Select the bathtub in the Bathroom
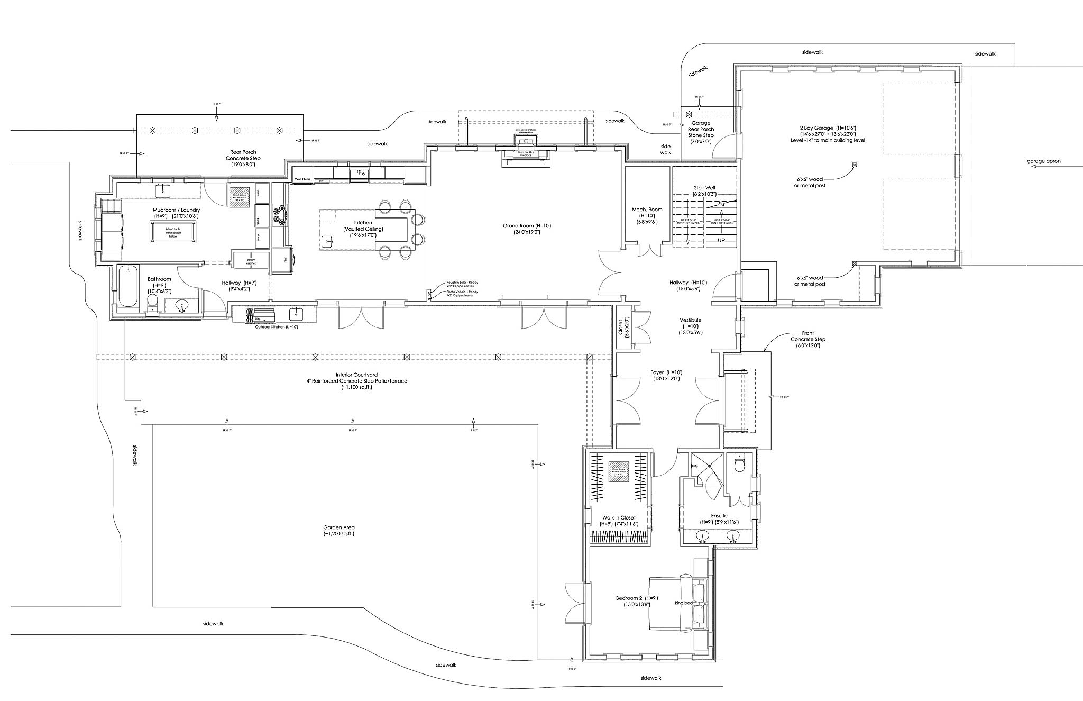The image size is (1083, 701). pos(129,287)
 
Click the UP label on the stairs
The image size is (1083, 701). pos(721,241)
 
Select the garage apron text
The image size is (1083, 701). pos(1044,161)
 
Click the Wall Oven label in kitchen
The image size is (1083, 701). pos(302,179)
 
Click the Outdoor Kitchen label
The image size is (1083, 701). pos(277,327)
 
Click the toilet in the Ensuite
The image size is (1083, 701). pos(739,465)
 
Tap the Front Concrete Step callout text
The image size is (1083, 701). pos(807,339)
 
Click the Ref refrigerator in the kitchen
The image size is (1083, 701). pos(286,260)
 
